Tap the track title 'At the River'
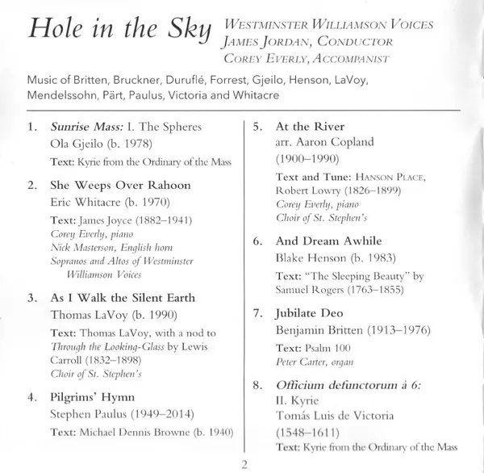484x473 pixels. click(310, 127)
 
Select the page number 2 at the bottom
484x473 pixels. click(242, 463)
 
